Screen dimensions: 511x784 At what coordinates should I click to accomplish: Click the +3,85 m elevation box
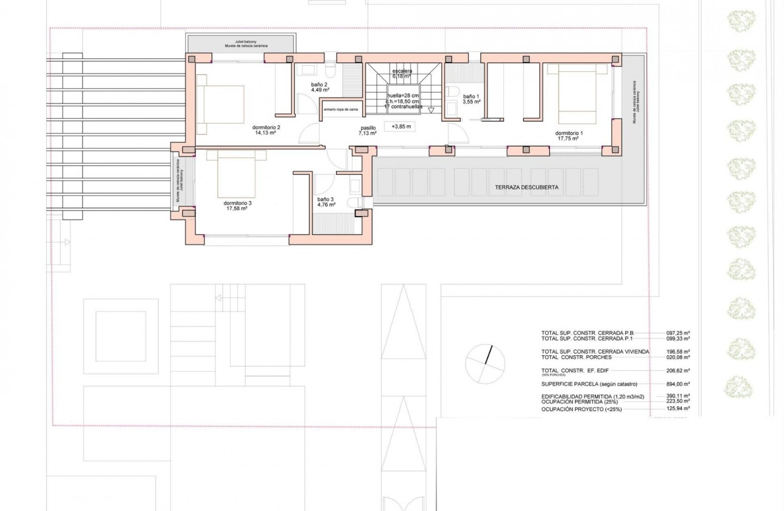click(x=399, y=127)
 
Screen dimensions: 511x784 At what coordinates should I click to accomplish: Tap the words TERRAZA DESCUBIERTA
click(x=526, y=187)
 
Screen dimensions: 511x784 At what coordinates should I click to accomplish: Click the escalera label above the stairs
click(x=402, y=72)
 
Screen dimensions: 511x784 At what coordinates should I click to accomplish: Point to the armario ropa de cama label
click(x=341, y=109)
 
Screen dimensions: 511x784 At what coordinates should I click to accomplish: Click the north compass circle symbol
click(x=485, y=364)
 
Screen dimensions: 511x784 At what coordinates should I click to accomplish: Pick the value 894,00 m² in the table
click(x=678, y=384)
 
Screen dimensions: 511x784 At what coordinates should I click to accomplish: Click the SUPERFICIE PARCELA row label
click(x=587, y=384)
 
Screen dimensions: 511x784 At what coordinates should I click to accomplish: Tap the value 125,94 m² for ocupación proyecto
click(x=678, y=410)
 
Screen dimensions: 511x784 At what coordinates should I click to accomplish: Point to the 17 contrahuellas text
click(x=403, y=106)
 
